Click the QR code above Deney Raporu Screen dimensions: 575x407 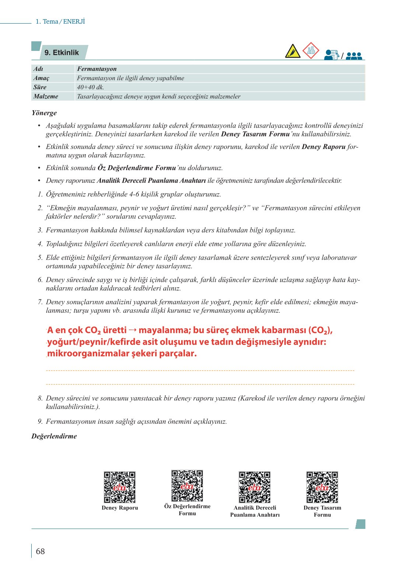tap(119, 487)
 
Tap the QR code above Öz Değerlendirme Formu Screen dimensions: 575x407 tap(187, 485)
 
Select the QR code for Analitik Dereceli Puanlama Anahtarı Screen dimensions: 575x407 tap(255, 487)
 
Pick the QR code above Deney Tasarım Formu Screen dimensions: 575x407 tap(322, 487)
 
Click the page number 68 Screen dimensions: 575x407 tap(40, 551)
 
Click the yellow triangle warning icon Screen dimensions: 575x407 tap(293, 51)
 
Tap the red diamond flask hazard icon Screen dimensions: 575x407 tap(311, 51)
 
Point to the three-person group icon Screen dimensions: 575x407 tap(354, 56)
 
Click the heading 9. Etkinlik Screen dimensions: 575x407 tap(62, 53)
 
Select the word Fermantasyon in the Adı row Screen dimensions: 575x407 tap(97, 69)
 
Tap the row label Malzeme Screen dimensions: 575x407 tap(46, 97)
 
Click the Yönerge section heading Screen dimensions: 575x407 tap(44, 113)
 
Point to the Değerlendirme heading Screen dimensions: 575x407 tap(54, 436)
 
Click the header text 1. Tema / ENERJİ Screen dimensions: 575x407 tap(60, 22)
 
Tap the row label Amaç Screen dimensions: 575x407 tap(41, 78)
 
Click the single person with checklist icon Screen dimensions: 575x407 tap(331, 55)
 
